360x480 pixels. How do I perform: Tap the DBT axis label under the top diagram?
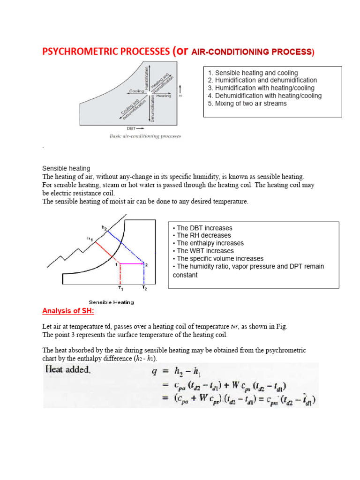point(132,128)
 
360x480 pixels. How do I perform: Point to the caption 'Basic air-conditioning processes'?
point(145,136)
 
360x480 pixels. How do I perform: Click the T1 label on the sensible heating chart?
point(120,288)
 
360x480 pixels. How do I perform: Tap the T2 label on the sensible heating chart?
point(145,288)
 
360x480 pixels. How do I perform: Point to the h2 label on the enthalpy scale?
point(104,227)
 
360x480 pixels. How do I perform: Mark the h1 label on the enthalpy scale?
point(90,239)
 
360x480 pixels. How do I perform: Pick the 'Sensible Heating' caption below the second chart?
point(111,302)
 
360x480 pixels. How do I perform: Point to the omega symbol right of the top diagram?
point(181,95)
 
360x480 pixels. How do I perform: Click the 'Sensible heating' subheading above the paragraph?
point(66,168)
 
